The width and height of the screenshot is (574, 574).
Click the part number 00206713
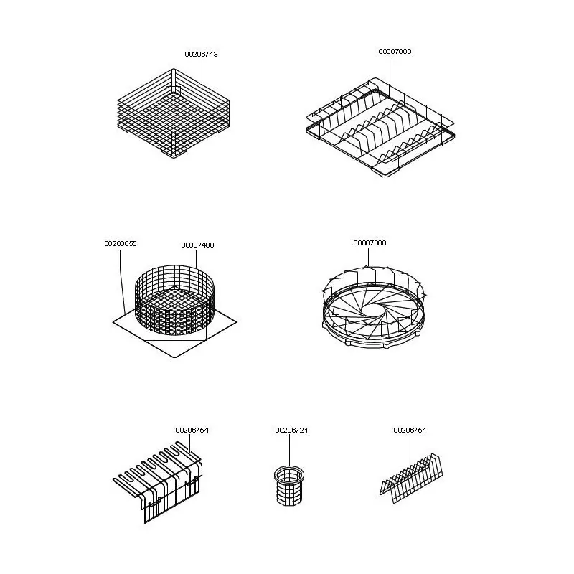pos(201,55)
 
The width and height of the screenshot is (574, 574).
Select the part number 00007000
pos(395,51)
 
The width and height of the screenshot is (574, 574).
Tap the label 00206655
pos(121,244)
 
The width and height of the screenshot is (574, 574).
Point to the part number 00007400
pos(197,245)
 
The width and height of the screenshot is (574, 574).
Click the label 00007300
pos(370,243)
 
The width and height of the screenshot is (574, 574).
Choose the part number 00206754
pos(192,430)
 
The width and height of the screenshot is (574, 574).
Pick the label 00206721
pos(291,430)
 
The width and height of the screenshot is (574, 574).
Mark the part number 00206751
pos(410,430)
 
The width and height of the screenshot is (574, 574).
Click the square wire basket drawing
pos(174,113)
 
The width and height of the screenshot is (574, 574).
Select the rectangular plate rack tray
pos(380,128)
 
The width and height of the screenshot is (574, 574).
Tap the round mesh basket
pos(175,299)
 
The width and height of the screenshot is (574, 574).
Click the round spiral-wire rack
pos(374,308)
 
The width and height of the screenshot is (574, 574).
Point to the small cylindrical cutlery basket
pos(289,486)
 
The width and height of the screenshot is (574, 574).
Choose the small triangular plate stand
pos(411,479)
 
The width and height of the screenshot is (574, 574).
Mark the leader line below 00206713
pos(202,71)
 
